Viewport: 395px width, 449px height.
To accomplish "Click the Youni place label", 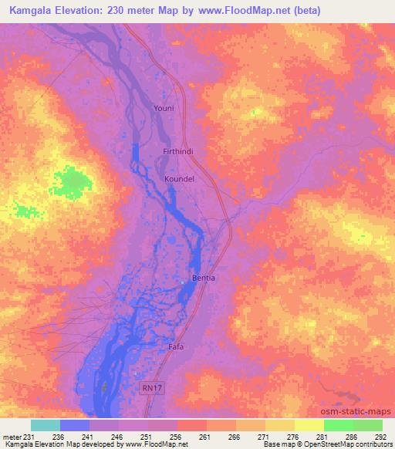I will (x=164, y=109).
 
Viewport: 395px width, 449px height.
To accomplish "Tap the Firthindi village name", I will (x=177, y=152).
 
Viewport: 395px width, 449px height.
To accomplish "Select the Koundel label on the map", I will (x=179, y=179).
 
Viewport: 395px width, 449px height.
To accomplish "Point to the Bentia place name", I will (x=204, y=278).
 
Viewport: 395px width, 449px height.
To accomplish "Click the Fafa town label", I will (x=176, y=347).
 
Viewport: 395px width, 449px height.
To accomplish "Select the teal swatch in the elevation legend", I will (x=45, y=425).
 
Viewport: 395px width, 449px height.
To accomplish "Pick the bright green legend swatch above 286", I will (x=338, y=425).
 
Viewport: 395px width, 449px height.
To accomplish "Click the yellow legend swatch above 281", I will (x=309, y=425).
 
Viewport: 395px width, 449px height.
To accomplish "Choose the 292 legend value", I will (x=380, y=437).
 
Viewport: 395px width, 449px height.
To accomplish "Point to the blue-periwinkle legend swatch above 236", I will (x=74, y=425).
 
